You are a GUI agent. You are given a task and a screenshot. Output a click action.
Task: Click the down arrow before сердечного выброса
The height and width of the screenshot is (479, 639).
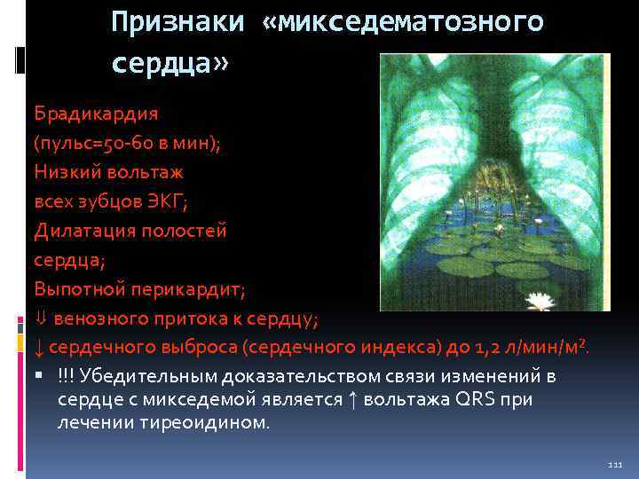tap(39, 347)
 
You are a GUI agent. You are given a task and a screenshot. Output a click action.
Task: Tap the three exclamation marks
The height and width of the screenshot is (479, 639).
tap(65, 376)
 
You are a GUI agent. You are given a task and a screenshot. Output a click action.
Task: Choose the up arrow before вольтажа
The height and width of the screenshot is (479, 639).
tap(352, 399)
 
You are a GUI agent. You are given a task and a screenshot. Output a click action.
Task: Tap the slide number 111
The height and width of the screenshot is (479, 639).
tap(616, 465)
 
